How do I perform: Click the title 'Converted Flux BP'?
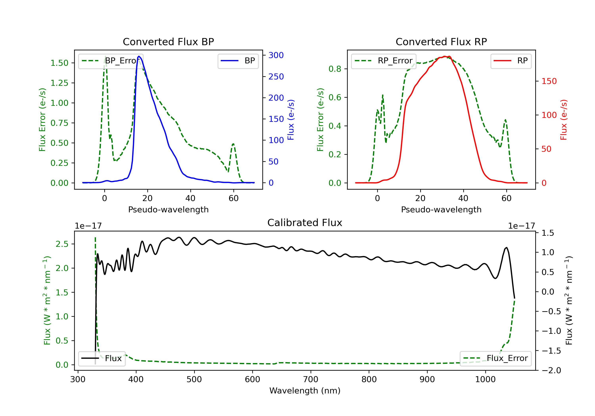click(x=168, y=42)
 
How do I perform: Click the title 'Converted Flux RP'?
click(x=441, y=42)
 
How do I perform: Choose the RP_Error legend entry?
click(x=384, y=61)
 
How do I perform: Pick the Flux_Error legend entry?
click(x=495, y=358)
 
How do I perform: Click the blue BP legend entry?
click(x=238, y=61)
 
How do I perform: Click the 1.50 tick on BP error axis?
click(x=59, y=63)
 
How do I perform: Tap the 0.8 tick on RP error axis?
click(x=335, y=69)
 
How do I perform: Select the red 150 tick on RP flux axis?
click(x=549, y=81)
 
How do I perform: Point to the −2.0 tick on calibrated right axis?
click(x=551, y=370)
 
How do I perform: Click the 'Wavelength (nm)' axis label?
click(x=305, y=391)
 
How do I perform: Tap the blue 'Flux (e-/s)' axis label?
click(x=291, y=120)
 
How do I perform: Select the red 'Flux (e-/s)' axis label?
click(x=564, y=120)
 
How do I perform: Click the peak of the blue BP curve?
click(x=139, y=56)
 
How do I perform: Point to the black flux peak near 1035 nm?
click(x=507, y=248)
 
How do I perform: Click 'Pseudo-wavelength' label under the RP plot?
click(x=441, y=209)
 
